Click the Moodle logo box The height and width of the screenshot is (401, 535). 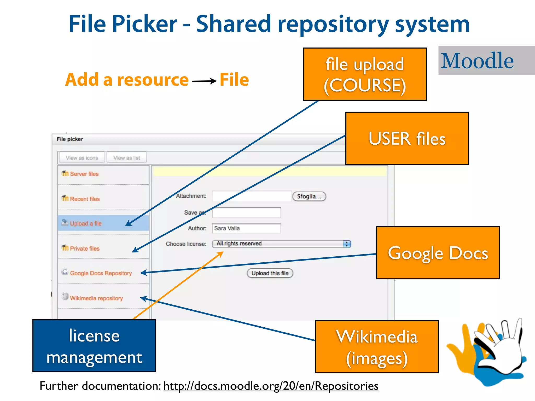coord(486,60)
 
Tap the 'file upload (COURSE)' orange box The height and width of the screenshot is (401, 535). coord(365,74)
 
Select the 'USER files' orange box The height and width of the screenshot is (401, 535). coord(407,138)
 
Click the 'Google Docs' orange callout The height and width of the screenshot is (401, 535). coord(438,253)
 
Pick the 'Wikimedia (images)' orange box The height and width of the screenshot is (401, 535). coord(377,347)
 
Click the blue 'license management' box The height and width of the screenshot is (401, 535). coord(94,346)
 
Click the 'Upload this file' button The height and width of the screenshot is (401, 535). coord(270,273)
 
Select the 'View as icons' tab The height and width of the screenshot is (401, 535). coord(82,158)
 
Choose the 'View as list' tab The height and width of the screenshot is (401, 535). coord(127,158)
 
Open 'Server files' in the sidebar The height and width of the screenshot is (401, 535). coord(84,174)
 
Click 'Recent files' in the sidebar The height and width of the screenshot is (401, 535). coord(85,199)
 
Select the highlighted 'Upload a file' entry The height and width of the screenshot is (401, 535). coord(86,223)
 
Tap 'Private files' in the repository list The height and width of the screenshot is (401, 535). coord(85,249)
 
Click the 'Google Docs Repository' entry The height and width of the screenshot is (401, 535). coord(101,273)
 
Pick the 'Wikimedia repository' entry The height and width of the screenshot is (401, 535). coord(96,298)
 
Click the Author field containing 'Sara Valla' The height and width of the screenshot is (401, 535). coord(246,228)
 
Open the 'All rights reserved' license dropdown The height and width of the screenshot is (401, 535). coord(281,244)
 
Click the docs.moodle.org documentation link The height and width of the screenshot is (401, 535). coord(271,386)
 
